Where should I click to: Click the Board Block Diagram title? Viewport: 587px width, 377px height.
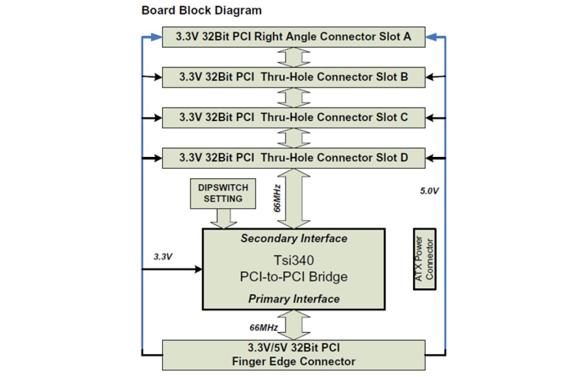click(201, 10)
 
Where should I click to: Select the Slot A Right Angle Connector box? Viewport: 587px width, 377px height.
click(293, 37)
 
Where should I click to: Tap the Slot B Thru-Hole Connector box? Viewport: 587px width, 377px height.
click(293, 77)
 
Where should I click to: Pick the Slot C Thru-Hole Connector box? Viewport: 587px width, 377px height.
click(293, 117)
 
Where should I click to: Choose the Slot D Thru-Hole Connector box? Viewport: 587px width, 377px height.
click(293, 158)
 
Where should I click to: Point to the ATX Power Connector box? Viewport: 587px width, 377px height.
click(425, 259)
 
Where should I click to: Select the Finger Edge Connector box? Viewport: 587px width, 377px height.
click(293, 355)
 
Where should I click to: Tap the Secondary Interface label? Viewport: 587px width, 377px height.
click(294, 239)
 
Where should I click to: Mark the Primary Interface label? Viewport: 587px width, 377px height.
click(294, 299)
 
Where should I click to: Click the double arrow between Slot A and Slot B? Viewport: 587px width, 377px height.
click(293, 57)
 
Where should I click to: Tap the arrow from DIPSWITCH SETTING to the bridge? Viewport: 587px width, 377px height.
click(223, 218)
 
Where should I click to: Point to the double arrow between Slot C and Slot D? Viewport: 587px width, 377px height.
click(293, 138)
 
